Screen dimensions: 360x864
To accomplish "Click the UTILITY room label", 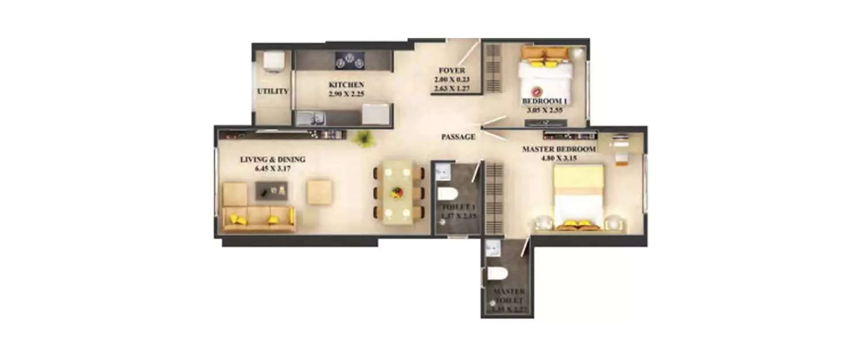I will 272,91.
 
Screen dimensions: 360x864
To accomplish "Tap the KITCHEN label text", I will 346,85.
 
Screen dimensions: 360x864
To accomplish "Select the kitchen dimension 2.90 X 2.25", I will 346,93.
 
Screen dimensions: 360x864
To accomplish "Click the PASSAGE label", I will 458,137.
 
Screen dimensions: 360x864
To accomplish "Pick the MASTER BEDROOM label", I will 559,149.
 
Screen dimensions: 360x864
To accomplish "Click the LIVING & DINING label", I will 272,160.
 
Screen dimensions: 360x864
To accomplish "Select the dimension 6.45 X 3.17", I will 272,169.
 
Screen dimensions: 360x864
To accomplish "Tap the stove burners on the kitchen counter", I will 348,59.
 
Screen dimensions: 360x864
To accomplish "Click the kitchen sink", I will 311,119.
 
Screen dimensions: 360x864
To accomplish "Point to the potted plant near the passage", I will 363,138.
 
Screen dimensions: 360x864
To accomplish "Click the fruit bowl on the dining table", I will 399,193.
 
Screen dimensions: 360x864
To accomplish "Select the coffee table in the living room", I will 271,191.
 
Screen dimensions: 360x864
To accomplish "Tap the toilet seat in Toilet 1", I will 446,193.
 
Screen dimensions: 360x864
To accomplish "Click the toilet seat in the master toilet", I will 496,273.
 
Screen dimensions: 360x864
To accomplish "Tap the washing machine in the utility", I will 272,62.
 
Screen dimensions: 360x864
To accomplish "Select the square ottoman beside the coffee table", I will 319,192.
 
